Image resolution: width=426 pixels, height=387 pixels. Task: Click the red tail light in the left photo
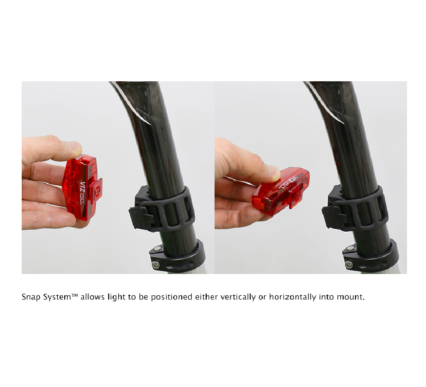[x=81, y=187]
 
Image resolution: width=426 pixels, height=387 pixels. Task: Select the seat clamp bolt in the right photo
[x=349, y=265]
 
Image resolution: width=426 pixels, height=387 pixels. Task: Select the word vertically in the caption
[x=238, y=297]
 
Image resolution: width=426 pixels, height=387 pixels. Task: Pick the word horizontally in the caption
[x=293, y=297]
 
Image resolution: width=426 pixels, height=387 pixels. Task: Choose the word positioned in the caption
[x=172, y=297]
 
